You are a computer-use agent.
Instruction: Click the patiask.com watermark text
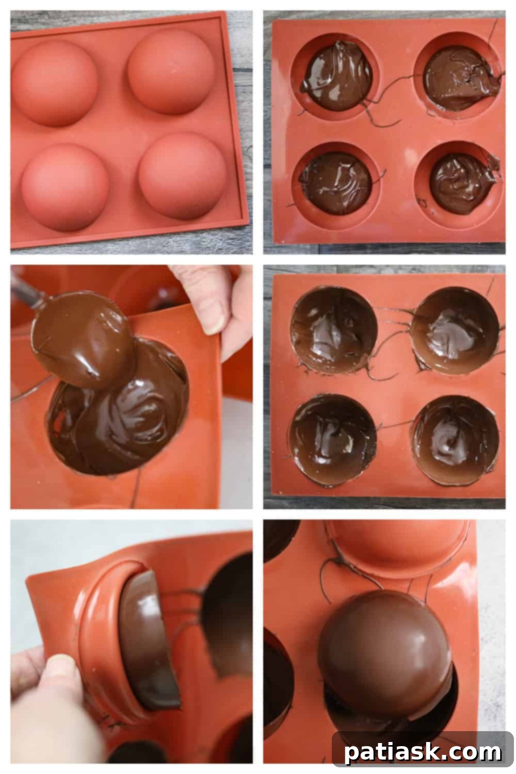[x=423, y=752]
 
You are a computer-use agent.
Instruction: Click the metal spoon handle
[x=23, y=292]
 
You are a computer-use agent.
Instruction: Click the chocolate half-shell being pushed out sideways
[x=147, y=640]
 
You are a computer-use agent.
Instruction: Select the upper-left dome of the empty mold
[x=54, y=83]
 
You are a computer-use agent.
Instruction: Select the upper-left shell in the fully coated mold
[x=333, y=330]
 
